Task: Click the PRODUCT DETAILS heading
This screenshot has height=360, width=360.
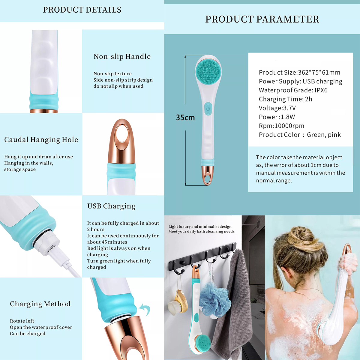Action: pos(82,10)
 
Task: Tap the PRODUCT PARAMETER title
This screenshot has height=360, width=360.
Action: pos(262,19)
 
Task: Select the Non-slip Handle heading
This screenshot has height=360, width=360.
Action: pos(122,56)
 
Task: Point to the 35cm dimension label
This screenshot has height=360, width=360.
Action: pos(185,118)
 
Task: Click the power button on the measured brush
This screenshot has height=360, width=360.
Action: pos(208,109)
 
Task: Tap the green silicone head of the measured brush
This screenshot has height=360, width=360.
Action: pos(208,70)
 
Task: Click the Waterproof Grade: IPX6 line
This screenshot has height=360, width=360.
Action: pos(293,90)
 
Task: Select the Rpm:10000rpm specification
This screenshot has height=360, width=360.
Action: pos(281,126)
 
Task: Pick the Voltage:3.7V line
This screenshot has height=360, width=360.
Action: pos(277,108)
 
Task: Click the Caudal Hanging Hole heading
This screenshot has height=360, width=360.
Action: pos(41,139)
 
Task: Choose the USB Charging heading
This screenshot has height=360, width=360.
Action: pos(111,206)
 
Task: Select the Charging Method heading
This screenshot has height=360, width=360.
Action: pos(40,304)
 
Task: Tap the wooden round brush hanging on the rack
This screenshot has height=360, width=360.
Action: pos(178,303)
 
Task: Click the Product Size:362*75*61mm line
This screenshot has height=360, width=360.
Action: pos(299,73)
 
